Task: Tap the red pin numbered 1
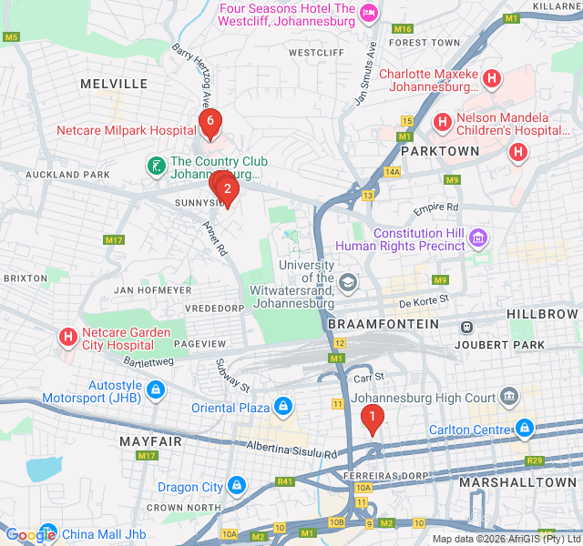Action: coord(372,418)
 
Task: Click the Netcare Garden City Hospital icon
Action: coord(67,339)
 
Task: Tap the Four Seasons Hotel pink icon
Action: coord(369,13)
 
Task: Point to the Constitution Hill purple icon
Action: coord(479,238)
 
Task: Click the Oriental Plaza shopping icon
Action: coord(283,406)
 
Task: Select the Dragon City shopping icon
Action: coord(237,487)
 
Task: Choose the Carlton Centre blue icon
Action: coord(525,428)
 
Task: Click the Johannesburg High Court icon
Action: coord(508,397)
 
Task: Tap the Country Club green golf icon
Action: coord(157,167)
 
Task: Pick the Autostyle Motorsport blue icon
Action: coord(156,391)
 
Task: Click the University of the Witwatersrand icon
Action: coord(347,283)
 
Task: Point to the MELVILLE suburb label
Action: coord(114,84)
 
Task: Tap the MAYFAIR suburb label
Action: coord(150,441)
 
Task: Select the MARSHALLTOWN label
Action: coord(517,481)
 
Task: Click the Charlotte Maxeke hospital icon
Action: coord(492,80)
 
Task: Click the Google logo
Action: coord(30,534)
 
